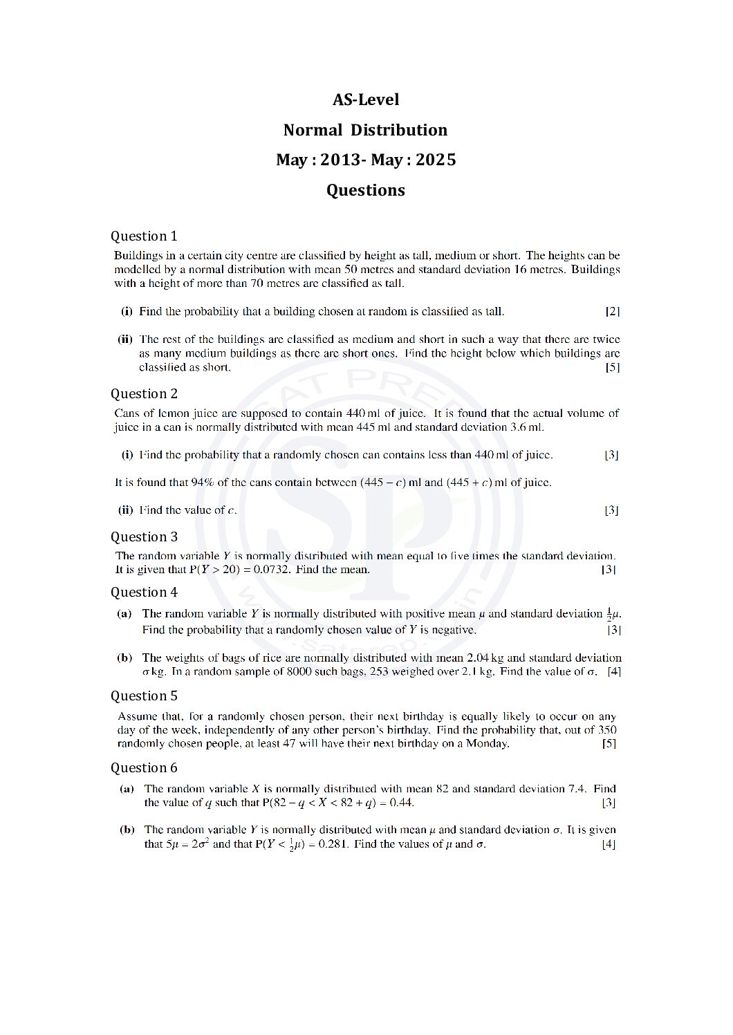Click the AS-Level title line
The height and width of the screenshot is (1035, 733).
coord(366,100)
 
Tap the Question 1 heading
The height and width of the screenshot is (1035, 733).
coord(144,236)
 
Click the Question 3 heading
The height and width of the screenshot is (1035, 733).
coord(144,537)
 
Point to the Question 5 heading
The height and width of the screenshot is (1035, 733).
coord(144,696)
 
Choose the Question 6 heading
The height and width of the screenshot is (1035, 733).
coord(144,767)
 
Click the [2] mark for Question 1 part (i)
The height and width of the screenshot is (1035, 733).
coord(612,311)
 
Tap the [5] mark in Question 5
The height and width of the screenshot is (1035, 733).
coord(609,744)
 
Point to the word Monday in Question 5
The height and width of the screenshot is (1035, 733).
coord(487,744)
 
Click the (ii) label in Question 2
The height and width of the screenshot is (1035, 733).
coord(126,510)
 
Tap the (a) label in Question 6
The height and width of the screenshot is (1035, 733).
coord(127,788)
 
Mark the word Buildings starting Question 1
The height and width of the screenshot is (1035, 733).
coord(137,256)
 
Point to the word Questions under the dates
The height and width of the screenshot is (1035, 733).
coord(366,190)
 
